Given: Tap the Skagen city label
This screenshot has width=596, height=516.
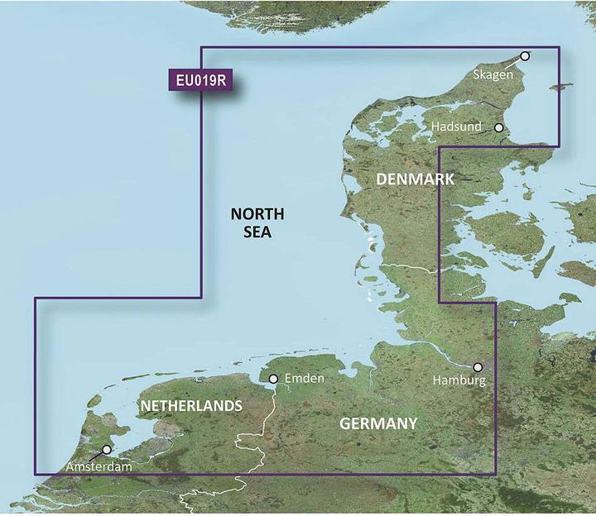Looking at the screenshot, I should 493,74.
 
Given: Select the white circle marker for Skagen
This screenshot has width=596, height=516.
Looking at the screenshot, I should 524,56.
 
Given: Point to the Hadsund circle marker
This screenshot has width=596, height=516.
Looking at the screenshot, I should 499,127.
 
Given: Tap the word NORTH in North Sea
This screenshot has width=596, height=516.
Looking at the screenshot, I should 257,214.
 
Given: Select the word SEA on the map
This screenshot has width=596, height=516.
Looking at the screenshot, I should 257,233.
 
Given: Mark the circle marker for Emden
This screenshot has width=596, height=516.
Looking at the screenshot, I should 274,380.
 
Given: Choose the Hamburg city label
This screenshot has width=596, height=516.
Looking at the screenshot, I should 459,380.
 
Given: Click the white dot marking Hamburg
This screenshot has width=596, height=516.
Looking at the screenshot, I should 478,366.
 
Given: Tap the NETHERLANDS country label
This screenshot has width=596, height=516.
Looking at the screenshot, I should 191,406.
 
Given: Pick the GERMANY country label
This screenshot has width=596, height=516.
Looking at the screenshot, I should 378,424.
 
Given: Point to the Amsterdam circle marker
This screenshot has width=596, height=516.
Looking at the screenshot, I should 106,450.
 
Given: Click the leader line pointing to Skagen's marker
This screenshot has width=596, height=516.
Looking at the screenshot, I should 514,60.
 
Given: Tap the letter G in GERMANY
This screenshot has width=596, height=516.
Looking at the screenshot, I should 345,424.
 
